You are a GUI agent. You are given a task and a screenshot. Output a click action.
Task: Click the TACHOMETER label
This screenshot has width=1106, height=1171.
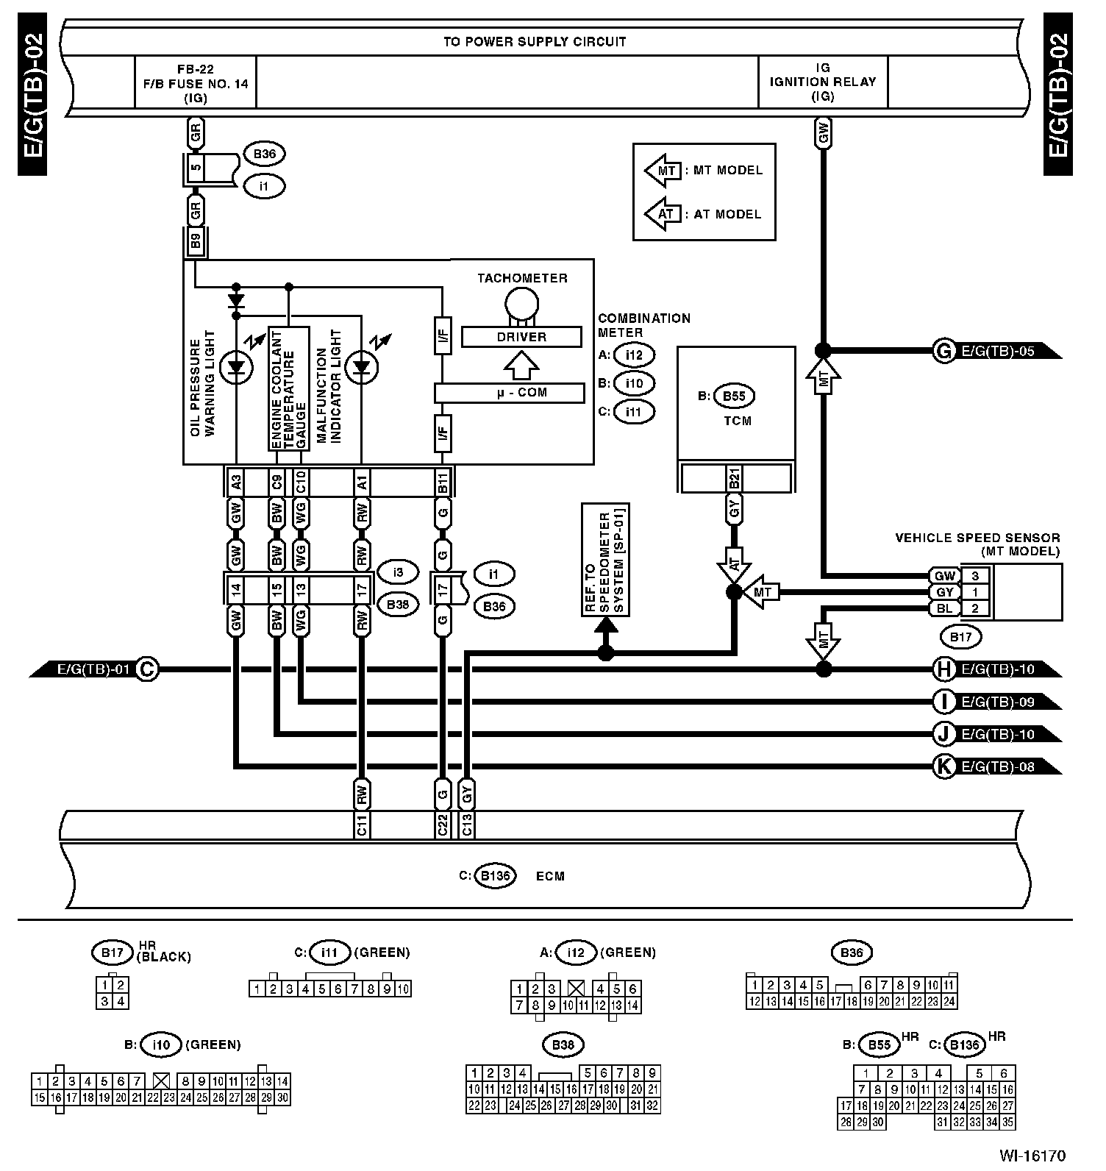click(522, 278)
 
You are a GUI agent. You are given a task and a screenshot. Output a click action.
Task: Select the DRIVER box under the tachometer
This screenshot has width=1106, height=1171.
click(521, 337)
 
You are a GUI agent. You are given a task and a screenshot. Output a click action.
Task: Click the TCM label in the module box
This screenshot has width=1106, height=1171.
click(737, 421)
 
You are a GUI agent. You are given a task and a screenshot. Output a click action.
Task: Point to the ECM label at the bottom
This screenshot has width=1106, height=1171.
click(550, 876)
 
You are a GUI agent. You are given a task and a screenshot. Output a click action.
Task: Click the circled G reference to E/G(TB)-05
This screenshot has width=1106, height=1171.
click(943, 351)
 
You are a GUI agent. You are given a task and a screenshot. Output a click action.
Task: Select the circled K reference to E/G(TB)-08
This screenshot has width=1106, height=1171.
click(943, 766)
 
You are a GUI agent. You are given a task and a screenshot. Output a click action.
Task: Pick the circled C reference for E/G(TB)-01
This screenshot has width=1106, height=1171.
click(148, 669)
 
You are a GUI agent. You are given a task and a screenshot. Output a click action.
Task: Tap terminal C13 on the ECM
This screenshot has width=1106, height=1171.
click(467, 825)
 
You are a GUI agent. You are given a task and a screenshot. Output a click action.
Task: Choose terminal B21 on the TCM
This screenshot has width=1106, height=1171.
click(734, 479)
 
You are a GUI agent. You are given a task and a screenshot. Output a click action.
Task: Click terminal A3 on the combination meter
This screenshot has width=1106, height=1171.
click(236, 483)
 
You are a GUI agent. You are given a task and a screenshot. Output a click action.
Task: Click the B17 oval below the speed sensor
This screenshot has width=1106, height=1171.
click(961, 637)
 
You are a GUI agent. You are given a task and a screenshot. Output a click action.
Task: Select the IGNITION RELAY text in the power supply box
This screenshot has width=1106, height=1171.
click(823, 82)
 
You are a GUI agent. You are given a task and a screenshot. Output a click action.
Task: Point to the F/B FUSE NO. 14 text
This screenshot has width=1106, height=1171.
click(196, 84)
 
